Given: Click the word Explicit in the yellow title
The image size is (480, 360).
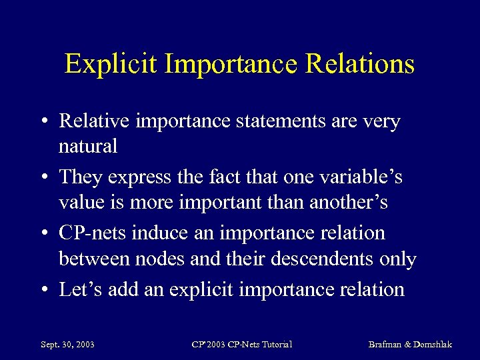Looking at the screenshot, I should tap(110, 64).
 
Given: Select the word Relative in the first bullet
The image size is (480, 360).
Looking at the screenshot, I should tap(94, 121).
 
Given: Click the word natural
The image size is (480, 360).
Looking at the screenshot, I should tap(87, 145).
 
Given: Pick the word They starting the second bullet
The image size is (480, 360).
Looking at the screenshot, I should tap(78, 177).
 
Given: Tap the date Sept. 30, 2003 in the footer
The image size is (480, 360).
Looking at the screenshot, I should tap(67, 344).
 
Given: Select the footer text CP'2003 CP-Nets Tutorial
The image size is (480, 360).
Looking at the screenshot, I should tap(242, 344).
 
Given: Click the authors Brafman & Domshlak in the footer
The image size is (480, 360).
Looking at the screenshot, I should tap(410, 344).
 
